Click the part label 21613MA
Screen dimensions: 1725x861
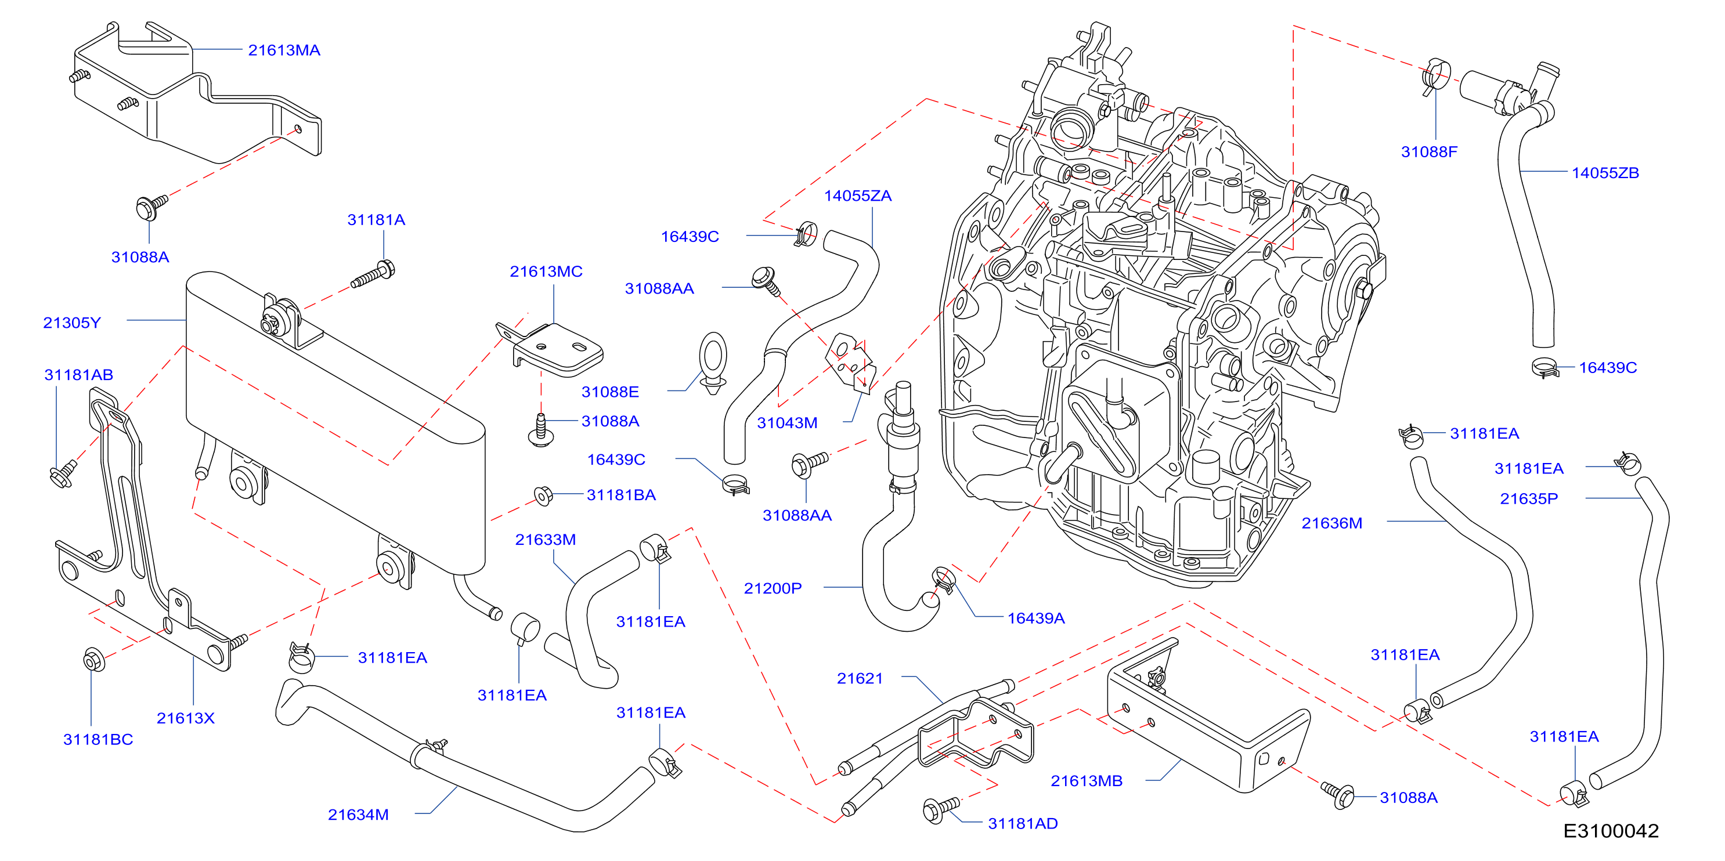284,50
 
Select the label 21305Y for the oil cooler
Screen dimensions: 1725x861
71,323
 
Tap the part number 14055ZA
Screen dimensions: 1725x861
858,196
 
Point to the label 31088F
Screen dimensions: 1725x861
1429,152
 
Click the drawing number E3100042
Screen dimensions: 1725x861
1611,831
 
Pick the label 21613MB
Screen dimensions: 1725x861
1086,781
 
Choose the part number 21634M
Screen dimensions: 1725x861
358,815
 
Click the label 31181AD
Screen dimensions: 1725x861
1023,823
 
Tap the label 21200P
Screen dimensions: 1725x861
773,588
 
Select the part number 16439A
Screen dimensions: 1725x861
1036,618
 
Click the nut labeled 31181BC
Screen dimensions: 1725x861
94,660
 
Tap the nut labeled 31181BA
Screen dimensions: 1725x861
543,495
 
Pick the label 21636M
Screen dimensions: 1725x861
1331,523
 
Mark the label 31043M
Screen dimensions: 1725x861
787,423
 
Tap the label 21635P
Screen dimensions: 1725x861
1529,499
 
